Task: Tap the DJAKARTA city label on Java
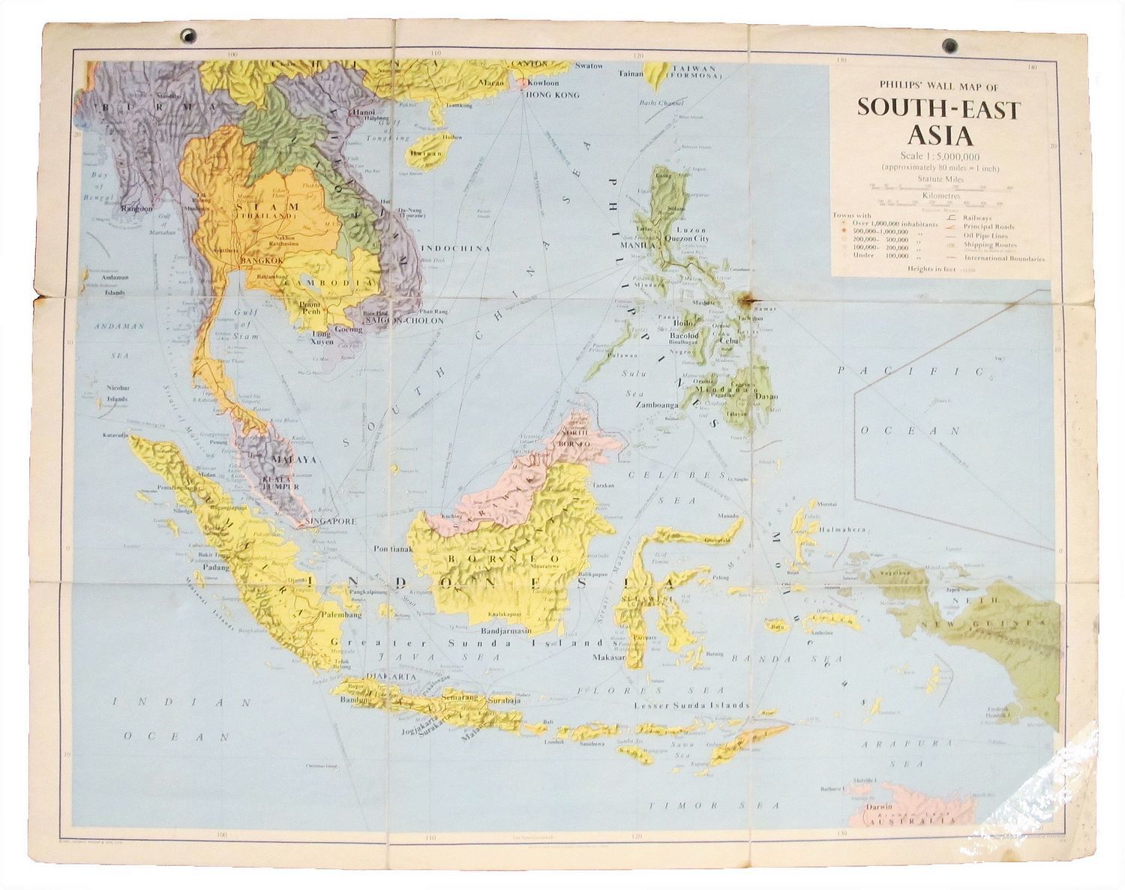[x=388, y=676]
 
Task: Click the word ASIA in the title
[x=940, y=136]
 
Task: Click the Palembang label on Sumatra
[x=341, y=615]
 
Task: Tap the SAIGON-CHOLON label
[x=405, y=320]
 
